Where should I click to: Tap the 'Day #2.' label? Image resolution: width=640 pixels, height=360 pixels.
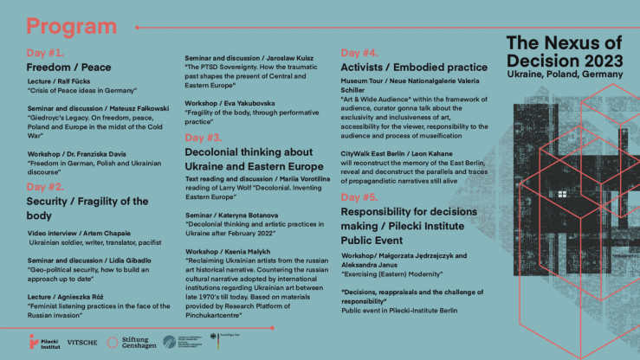[46, 185]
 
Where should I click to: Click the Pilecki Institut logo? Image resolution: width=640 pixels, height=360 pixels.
[41, 342]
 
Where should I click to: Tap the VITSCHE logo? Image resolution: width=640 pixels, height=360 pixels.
[82, 343]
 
